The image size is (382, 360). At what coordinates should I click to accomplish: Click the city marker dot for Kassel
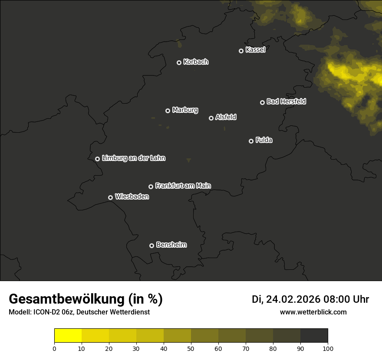(x=241, y=51)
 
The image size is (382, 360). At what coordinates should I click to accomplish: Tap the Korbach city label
(x=196, y=62)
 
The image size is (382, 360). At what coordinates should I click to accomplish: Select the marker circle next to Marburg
(x=168, y=111)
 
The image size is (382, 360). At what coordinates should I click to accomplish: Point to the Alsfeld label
(x=226, y=117)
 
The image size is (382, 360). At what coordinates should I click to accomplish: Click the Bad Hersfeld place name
(x=286, y=101)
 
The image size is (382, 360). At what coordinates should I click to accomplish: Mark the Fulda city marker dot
(x=251, y=141)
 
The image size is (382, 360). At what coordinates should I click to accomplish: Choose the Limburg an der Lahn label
(x=134, y=158)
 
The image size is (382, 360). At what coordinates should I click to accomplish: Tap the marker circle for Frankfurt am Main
(x=151, y=187)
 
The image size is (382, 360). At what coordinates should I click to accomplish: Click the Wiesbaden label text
(x=132, y=196)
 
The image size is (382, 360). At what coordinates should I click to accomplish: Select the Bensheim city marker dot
(x=152, y=245)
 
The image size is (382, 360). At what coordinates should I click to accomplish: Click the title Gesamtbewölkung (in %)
(x=86, y=299)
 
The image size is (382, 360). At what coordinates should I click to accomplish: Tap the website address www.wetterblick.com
(x=313, y=312)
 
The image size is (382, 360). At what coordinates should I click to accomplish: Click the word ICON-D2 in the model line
(x=44, y=312)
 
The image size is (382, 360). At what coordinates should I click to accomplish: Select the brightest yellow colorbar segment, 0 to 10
(x=68, y=336)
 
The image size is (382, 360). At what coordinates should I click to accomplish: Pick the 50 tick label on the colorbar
(x=191, y=348)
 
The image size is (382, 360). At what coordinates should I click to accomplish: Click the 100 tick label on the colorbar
(x=328, y=348)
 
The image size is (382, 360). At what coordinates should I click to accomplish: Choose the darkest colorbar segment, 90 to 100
(x=314, y=336)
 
